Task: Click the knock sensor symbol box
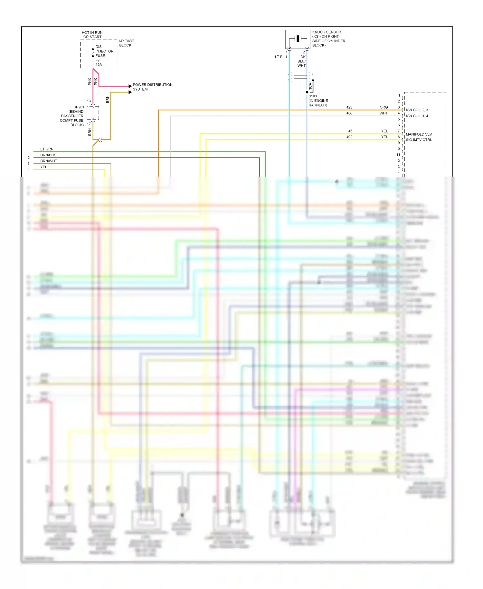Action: [x=298, y=39]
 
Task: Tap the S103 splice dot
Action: [x=307, y=92]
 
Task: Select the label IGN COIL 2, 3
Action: [x=417, y=110]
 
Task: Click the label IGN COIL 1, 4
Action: [x=417, y=116]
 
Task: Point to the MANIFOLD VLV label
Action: [x=419, y=134]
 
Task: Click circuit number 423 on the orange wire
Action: [x=349, y=107]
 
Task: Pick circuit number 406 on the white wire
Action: [x=349, y=113]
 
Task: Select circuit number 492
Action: [x=349, y=137]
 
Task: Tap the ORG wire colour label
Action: [x=384, y=107]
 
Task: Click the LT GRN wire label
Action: [x=47, y=149]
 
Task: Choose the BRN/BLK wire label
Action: [x=48, y=155]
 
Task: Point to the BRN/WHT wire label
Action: [x=49, y=161]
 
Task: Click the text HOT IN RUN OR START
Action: [x=92, y=35]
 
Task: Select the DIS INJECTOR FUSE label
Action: [x=104, y=51]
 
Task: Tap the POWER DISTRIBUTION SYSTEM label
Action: [x=152, y=87]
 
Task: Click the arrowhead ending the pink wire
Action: [x=130, y=86]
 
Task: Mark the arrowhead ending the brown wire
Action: [x=130, y=92]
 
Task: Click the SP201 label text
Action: [x=79, y=107]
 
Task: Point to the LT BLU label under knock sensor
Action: [x=281, y=57]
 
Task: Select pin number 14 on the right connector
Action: [x=398, y=173]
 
